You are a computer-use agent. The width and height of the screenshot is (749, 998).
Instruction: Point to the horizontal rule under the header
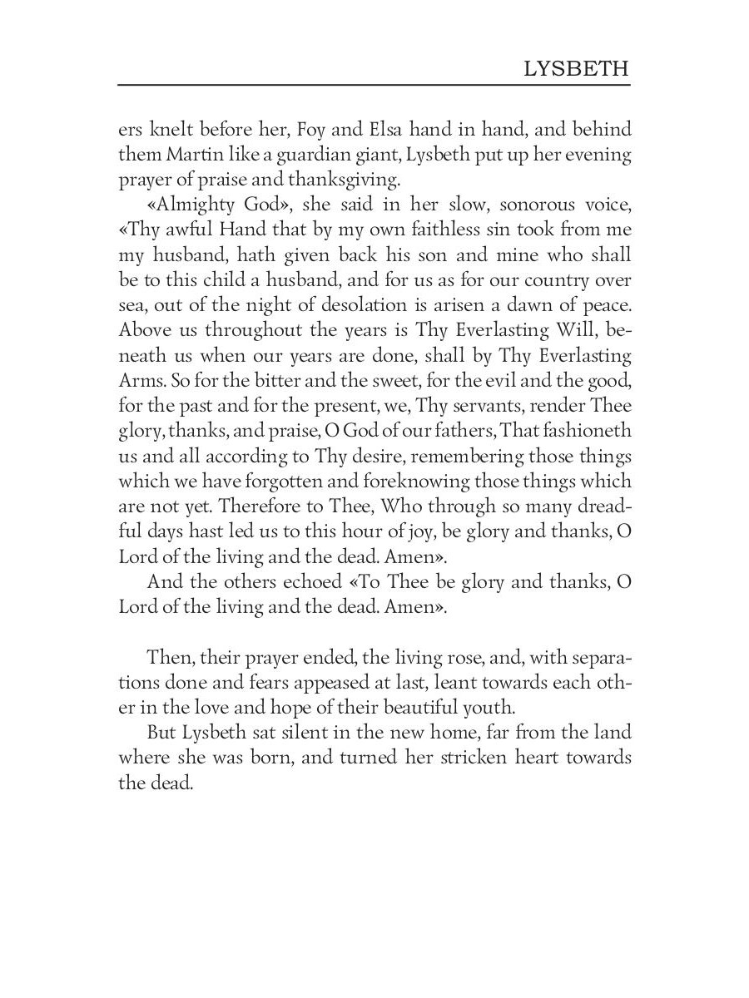tap(374, 85)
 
